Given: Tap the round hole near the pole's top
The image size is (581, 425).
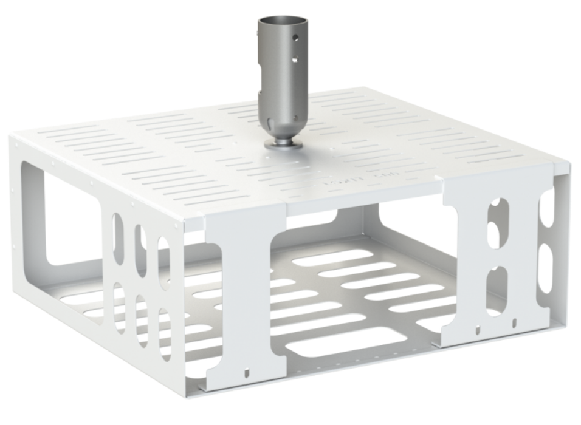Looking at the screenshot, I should [295, 38].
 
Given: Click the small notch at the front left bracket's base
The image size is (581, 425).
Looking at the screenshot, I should [246, 371].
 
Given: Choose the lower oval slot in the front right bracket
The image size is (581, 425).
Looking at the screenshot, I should [497, 283].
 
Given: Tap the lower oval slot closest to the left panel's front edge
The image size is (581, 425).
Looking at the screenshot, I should [164, 335].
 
